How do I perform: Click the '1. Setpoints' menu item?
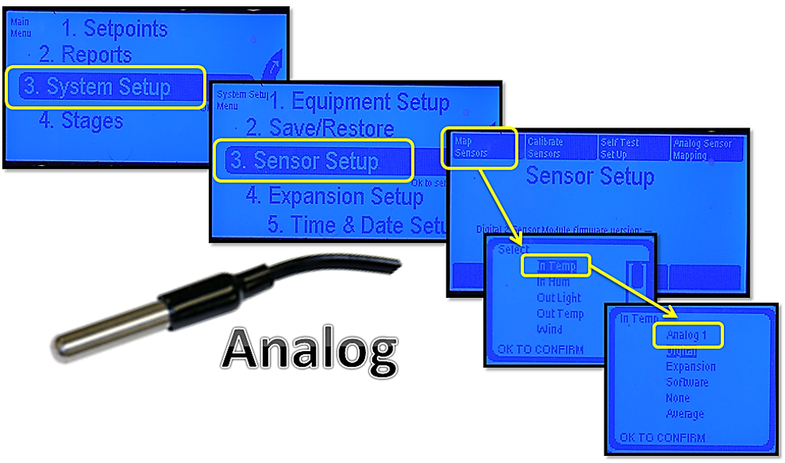tap(114, 29)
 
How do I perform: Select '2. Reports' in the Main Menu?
tap(85, 55)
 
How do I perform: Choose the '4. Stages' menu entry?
tap(81, 121)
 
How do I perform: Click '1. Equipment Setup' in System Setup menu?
tap(359, 102)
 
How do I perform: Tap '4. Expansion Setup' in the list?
tap(335, 196)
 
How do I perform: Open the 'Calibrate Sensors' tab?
tap(554, 148)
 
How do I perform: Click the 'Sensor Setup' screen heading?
tap(589, 177)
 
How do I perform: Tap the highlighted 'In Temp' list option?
tap(556, 267)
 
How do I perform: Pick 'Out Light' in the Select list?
tap(558, 298)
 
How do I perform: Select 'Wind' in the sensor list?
tap(549, 329)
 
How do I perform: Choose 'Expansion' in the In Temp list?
tap(690, 366)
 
